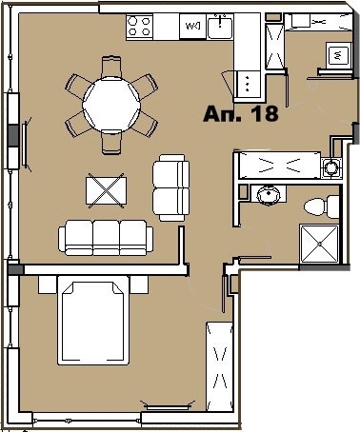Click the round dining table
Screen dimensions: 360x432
[111, 104]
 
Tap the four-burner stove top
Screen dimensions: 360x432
[139, 27]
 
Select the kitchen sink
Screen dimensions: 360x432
[220, 27]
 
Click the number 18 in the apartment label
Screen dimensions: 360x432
[265, 113]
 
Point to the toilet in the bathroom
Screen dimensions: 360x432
[321, 206]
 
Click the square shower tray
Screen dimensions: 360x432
[319, 244]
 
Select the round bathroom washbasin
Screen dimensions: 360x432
[269, 194]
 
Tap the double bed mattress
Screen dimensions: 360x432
[92, 321]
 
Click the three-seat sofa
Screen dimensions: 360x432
[106, 238]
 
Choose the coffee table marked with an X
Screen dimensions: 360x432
[106, 190]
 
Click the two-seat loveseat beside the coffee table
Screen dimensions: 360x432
[171, 187]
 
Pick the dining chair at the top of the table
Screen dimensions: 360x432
[111, 67]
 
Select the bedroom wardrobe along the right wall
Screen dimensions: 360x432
[219, 366]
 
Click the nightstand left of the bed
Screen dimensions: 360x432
[48, 285]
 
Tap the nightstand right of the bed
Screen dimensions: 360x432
[139, 285]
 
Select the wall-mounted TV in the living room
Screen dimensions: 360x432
[26, 145]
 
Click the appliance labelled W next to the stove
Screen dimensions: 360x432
[192, 27]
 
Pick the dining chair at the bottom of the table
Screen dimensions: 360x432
[111, 142]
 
